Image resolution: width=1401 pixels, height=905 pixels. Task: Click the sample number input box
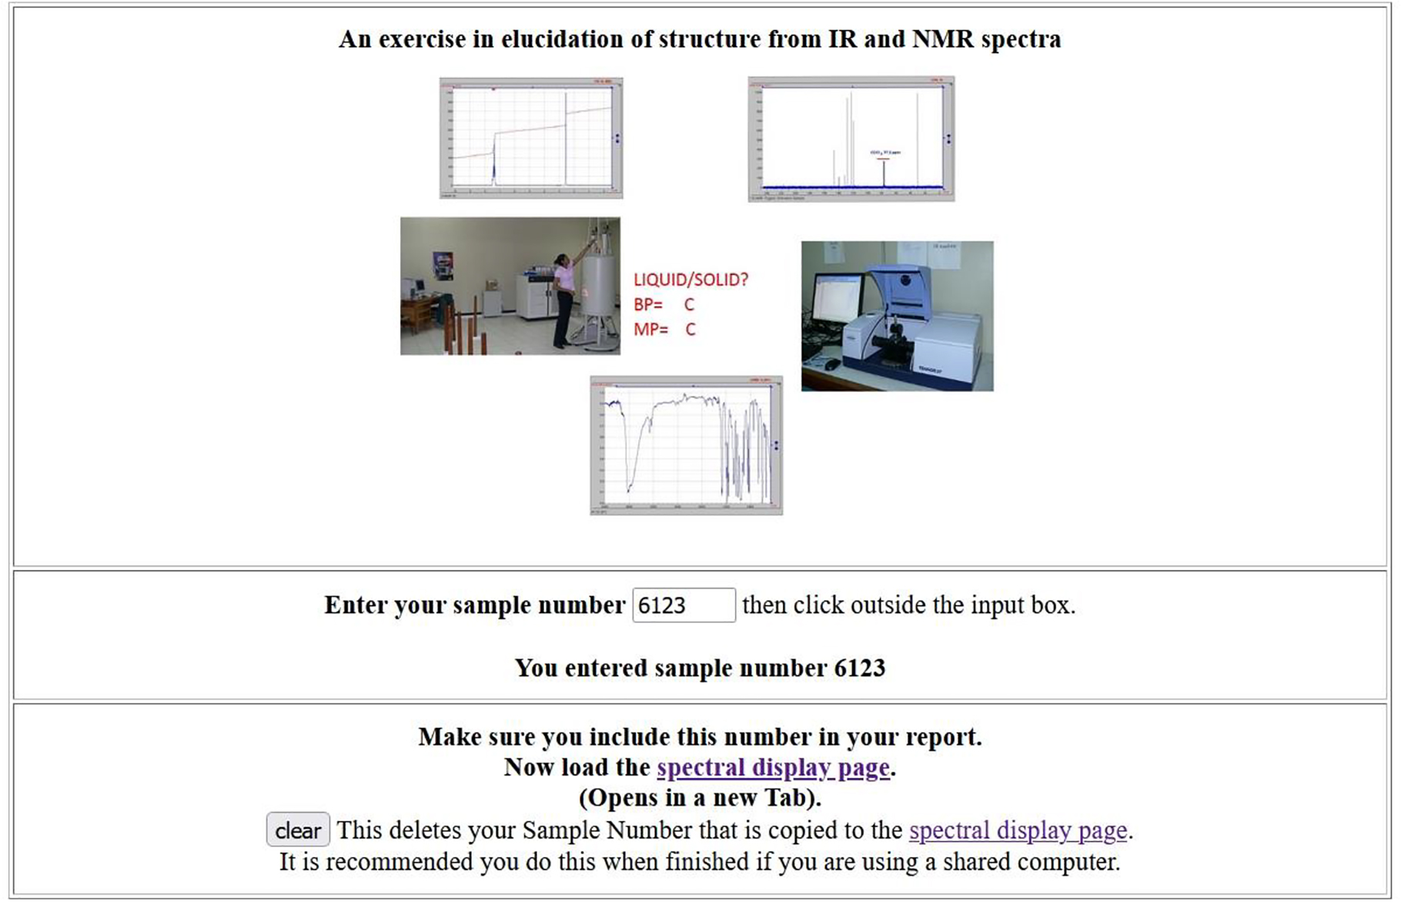point(683,605)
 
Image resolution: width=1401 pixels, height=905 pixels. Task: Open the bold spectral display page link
point(773,768)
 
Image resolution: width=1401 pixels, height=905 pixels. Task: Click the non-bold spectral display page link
point(1017,830)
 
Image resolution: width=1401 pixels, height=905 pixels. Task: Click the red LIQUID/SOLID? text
point(690,280)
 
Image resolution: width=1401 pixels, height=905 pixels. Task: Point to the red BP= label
point(648,305)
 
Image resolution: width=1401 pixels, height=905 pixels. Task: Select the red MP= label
point(650,330)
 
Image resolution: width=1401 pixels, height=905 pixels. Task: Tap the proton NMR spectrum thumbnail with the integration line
point(531,138)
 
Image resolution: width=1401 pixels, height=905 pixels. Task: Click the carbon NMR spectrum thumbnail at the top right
point(851,139)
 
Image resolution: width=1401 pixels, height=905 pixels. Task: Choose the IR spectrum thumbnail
point(686,445)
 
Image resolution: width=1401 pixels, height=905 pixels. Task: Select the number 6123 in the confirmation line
point(859,669)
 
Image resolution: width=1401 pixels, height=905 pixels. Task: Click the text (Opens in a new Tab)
point(700,798)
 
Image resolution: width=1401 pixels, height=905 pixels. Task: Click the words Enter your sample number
point(474,605)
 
